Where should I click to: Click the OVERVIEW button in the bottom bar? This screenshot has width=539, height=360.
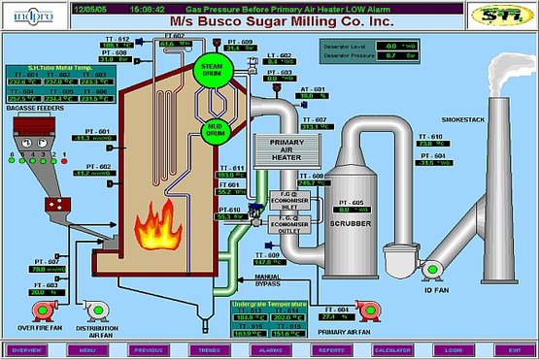[x=27, y=348]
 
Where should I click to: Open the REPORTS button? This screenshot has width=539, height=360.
[x=331, y=348]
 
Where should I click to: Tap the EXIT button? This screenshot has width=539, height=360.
[x=512, y=348]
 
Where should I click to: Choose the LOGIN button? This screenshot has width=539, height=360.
[x=452, y=348]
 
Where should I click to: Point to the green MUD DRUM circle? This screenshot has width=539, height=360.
[x=214, y=129]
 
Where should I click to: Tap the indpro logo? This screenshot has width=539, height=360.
[x=29, y=14]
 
